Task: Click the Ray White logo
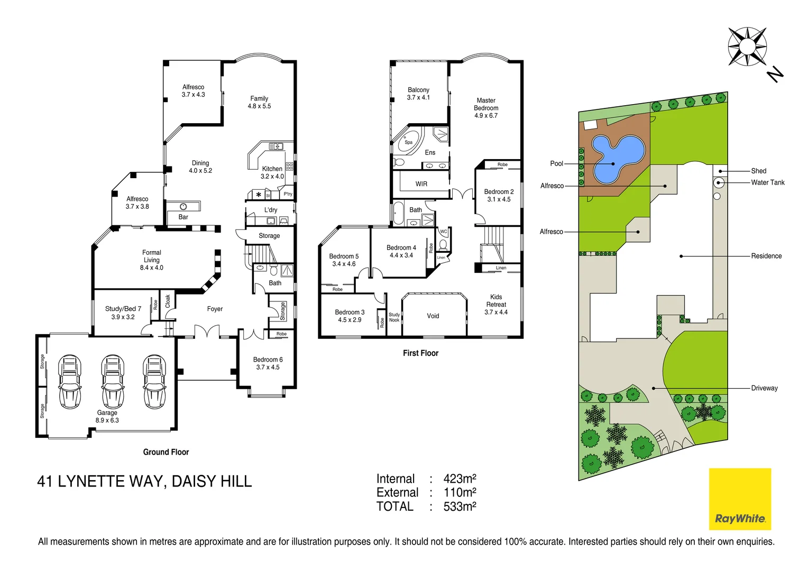(x=740, y=499)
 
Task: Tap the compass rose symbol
(x=747, y=47)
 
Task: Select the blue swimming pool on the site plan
(x=616, y=157)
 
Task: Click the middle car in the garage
(x=112, y=381)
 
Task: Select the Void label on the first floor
(x=433, y=316)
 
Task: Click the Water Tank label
(x=768, y=182)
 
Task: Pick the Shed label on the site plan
(x=758, y=171)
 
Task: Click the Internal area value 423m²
(x=460, y=479)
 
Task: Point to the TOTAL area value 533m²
(x=460, y=506)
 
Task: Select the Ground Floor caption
(x=166, y=452)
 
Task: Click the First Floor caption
(x=420, y=353)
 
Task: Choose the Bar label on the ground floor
(x=183, y=217)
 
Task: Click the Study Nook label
(x=394, y=317)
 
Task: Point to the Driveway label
(x=764, y=388)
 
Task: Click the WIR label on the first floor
(x=421, y=184)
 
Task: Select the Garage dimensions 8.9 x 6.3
(x=107, y=421)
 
